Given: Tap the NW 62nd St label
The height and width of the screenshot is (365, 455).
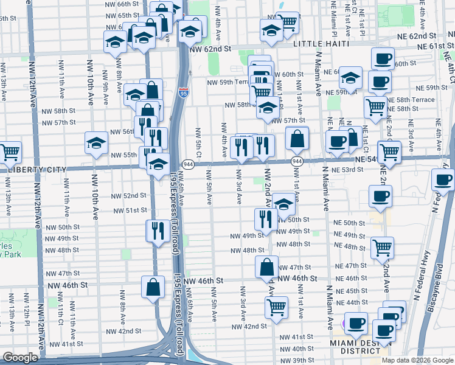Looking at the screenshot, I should (210, 48).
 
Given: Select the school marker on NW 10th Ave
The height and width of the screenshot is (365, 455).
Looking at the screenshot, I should (96, 143).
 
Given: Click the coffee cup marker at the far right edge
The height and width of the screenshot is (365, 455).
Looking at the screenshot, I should (443, 179).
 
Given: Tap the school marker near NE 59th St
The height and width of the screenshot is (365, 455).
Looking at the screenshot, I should (351, 77).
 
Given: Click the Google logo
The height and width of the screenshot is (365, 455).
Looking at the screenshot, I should (21, 358).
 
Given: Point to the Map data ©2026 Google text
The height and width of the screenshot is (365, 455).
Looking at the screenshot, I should (417, 360).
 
